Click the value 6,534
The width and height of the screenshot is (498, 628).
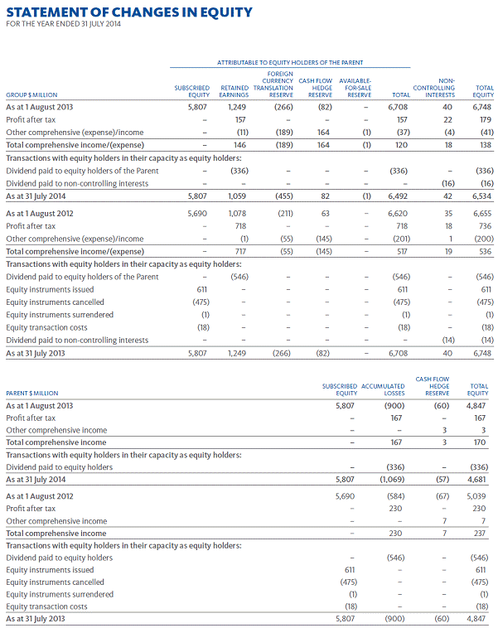click(481, 196)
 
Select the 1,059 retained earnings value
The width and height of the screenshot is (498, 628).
click(238, 196)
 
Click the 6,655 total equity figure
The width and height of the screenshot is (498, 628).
click(481, 214)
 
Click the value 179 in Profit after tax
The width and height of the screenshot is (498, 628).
click(485, 120)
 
